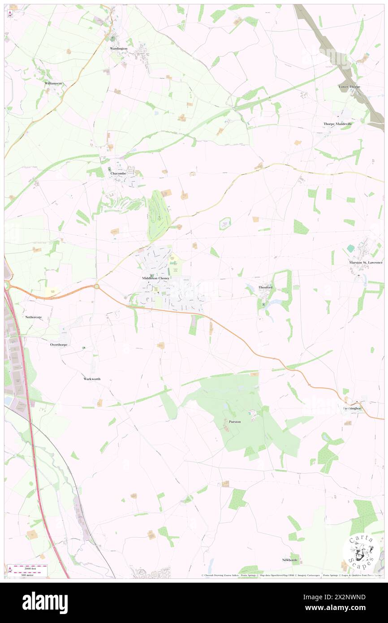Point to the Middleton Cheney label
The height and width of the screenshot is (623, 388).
click(x=155, y=278)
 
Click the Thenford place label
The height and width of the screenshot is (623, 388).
click(x=265, y=287)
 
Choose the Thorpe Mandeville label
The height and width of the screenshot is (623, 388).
click(x=338, y=124)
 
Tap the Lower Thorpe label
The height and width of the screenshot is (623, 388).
click(x=349, y=87)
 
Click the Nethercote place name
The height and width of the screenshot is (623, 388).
click(x=34, y=317)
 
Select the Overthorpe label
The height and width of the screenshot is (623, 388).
click(x=59, y=345)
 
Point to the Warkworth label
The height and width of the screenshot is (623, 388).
click(x=92, y=379)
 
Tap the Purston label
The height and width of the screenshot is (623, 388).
click(x=235, y=422)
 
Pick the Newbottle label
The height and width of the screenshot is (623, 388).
click(x=290, y=560)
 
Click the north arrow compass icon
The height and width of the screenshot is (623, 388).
click(x=10, y=14)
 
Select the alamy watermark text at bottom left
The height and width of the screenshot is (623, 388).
click(x=45, y=602)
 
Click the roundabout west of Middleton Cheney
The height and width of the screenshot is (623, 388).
click(x=97, y=286)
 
